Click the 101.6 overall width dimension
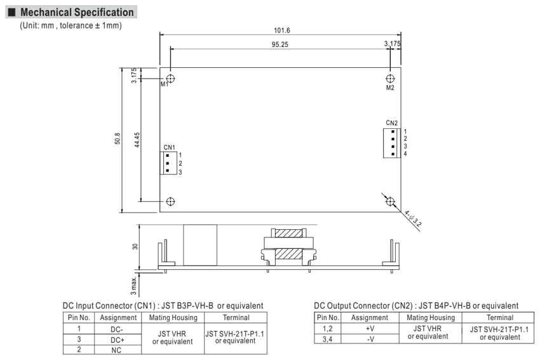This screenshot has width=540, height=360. click(x=281, y=30)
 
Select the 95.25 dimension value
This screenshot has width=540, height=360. click(x=280, y=44)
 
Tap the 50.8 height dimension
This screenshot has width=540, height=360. click(x=118, y=138)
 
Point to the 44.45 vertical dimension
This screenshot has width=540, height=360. click(x=137, y=140)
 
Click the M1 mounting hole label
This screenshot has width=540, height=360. click(x=165, y=84)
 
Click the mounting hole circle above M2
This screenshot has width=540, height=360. click(x=390, y=79)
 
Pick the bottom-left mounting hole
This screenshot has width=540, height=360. click(x=170, y=201)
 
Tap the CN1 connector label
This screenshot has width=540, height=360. click(x=169, y=147)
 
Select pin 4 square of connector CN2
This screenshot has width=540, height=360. click(x=393, y=154)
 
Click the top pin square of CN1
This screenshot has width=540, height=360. click(x=167, y=156)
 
